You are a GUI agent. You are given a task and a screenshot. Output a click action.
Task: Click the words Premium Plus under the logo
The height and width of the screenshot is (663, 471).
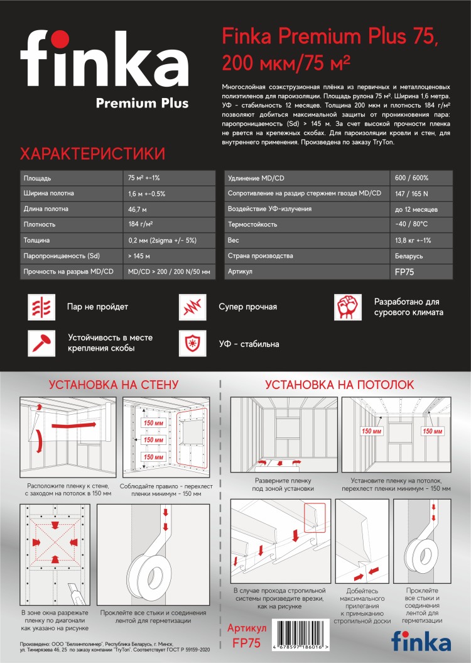point(142,103)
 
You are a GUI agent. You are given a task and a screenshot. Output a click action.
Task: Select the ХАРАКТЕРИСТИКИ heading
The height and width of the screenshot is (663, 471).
point(93,154)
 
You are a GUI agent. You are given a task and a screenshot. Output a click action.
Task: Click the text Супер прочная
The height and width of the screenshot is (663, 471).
point(247,307)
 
